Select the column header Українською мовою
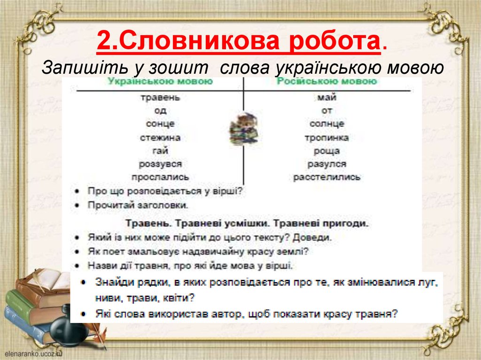(x=160, y=81)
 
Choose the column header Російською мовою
(x=327, y=81)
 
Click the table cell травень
(x=160, y=98)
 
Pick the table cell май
(x=327, y=98)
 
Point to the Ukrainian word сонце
(x=160, y=124)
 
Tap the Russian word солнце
(x=327, y=124)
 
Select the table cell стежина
(x=160, y=138)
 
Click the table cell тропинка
(x=327, y=138)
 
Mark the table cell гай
(x=160, y=151)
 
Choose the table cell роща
(x=327, y=151)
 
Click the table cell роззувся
(x=160, y=164)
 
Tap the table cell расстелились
(x=327, y=177)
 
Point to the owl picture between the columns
(x=243, y=129)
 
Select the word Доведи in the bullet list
(x=316, y=237)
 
